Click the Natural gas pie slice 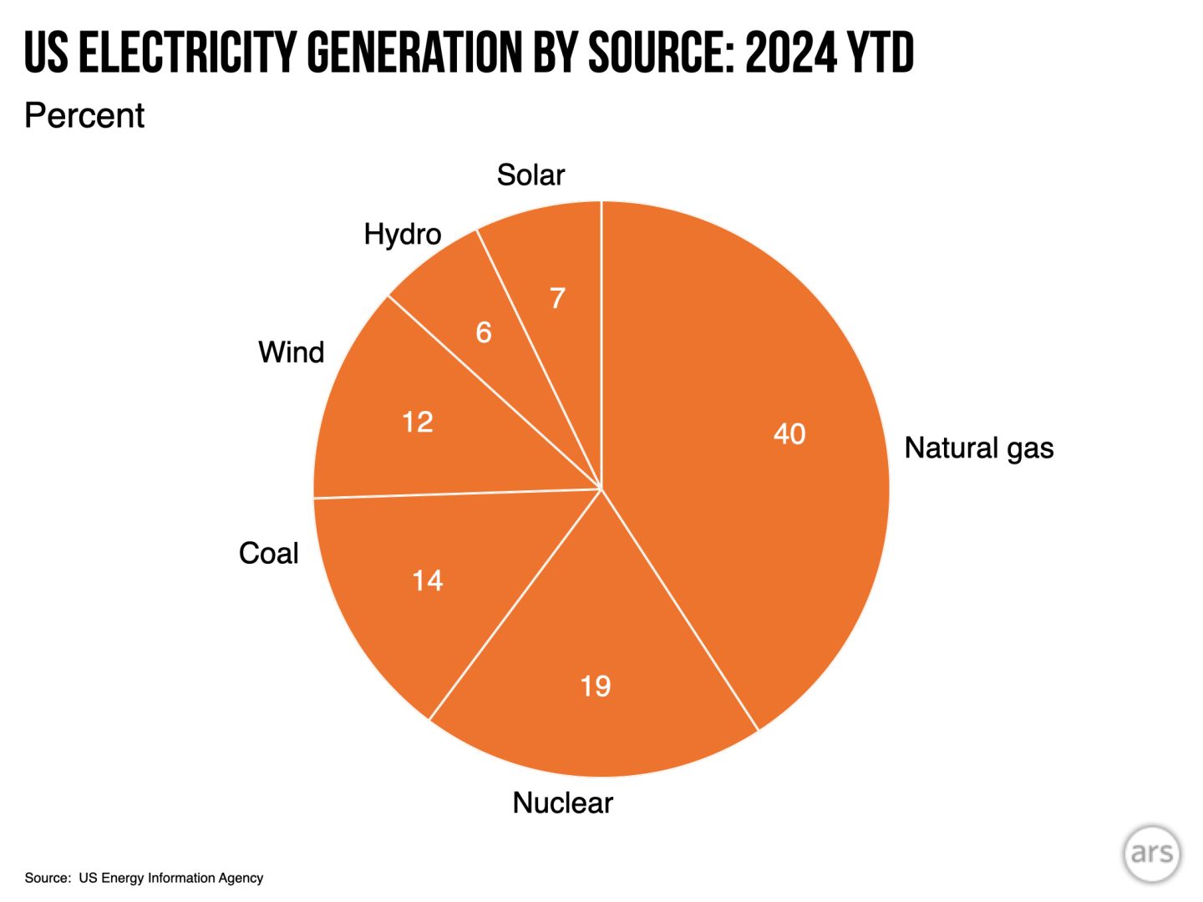click(x=752, y=501)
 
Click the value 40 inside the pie click(x=789, y=433)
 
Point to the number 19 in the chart click(x=596, y=686)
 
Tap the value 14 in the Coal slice click(x=427, y=580)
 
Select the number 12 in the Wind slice click(x=417, y=422)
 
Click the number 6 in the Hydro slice click(x=484, y=332)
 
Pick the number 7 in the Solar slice click(x=557, y=297)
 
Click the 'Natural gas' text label click(x=978, y=448)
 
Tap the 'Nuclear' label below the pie click(x=562, y=803)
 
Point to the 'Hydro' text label click(x=402, y=234)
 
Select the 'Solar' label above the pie click(x=530, y=175)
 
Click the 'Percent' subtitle click(x=84, y=115)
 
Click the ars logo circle click(x=1152, y=853)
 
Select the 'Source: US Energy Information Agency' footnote click(x=144, y=878)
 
